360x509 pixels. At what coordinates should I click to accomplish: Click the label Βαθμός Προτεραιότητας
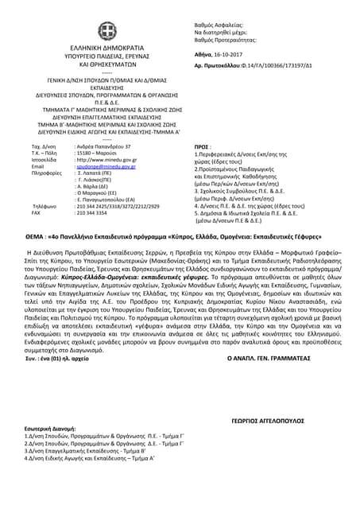tap(226, 30)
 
